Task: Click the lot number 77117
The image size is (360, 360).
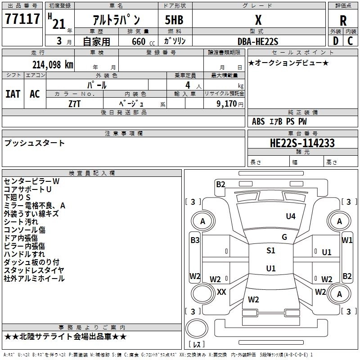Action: point(22,18)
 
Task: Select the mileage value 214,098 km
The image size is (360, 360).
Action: point(53,65)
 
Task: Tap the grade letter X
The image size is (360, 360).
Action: point(258,20)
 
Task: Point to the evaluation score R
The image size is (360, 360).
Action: point(343,21)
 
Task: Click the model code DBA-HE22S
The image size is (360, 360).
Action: point(258,41)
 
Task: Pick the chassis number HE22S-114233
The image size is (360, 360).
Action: point(302,143)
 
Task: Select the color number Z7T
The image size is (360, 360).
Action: point(74,104)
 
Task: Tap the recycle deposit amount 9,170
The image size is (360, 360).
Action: point(227,103)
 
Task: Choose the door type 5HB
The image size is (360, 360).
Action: point(174,20)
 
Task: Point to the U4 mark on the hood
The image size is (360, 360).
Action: point(291,216)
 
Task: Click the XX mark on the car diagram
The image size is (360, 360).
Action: point(221,292)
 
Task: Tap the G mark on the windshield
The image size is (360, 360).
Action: point(284,237)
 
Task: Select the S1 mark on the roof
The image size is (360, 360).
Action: point(271,250)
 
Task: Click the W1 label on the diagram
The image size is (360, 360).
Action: point(346,240)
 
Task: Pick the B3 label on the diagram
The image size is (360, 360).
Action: point(195,240)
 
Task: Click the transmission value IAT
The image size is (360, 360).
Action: point(13,94)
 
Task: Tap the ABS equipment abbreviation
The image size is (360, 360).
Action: point(258,121)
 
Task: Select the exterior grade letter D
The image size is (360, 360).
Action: point(336,41)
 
